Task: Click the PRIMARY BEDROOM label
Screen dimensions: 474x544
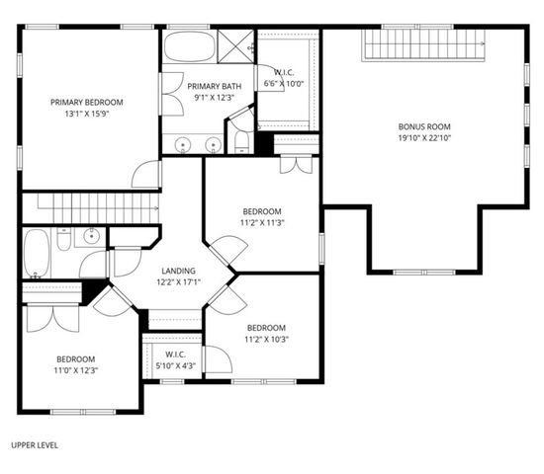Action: [87, 101]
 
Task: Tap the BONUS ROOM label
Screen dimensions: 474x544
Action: [424, 126]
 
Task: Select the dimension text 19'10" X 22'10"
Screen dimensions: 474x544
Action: [424, 138]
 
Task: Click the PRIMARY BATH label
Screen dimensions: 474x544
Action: [209, 86]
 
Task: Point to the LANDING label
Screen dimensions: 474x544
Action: [177, 270]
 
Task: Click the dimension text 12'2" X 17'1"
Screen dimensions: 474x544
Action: [177, 281]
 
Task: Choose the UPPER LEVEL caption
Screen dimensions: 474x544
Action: [34, 445]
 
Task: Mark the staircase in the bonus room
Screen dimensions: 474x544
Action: [425, 43]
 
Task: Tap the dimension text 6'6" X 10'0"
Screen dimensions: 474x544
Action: [284, 83]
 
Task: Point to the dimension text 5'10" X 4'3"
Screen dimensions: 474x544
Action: [176, 365]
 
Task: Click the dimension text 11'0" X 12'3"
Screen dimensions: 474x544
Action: [76, 370]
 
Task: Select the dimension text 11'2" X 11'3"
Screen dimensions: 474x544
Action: [263, 223]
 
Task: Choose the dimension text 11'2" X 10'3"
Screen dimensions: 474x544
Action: [266, 340]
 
